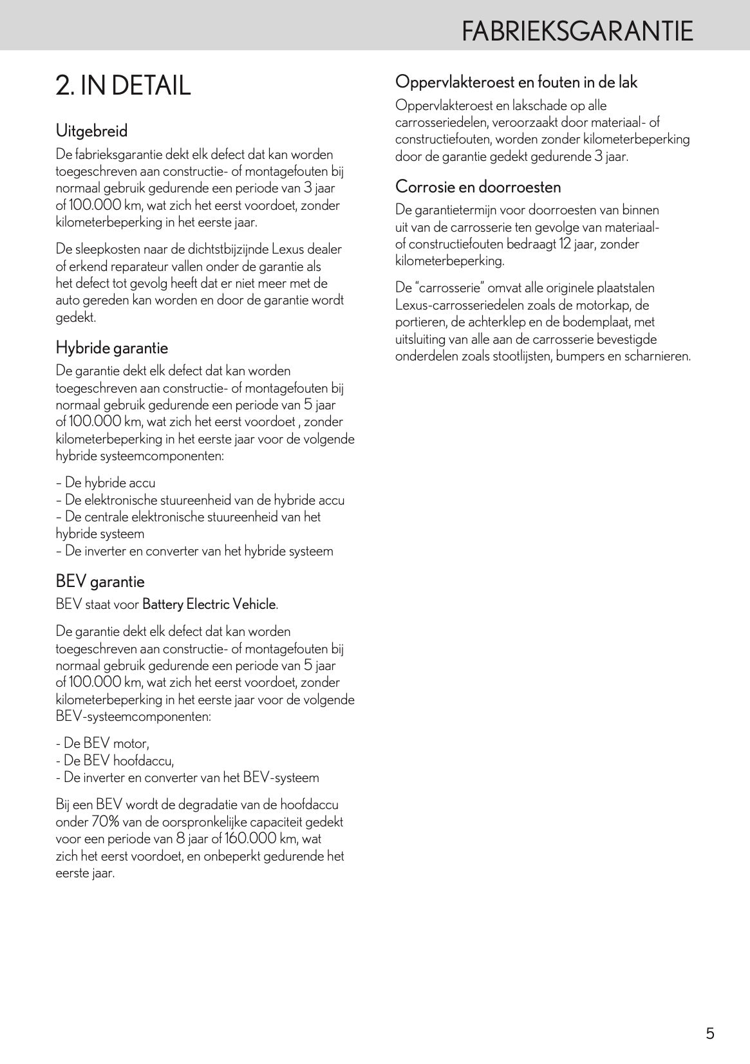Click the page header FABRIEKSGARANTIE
pos(577,31)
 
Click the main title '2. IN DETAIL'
pos(123,86)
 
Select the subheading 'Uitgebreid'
pos(91,131)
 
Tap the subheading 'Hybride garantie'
pos(111,348)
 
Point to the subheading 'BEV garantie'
pos(100,581)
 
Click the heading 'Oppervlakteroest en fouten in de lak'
pos(516,82)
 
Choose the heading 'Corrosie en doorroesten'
pos(478,187)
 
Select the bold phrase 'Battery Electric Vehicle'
pos(209,604)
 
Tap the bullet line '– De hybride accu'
pos(106,483)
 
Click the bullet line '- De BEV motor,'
pos(102,743)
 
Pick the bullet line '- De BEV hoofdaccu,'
pos(115,761)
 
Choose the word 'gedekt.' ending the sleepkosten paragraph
pos(75,317)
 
